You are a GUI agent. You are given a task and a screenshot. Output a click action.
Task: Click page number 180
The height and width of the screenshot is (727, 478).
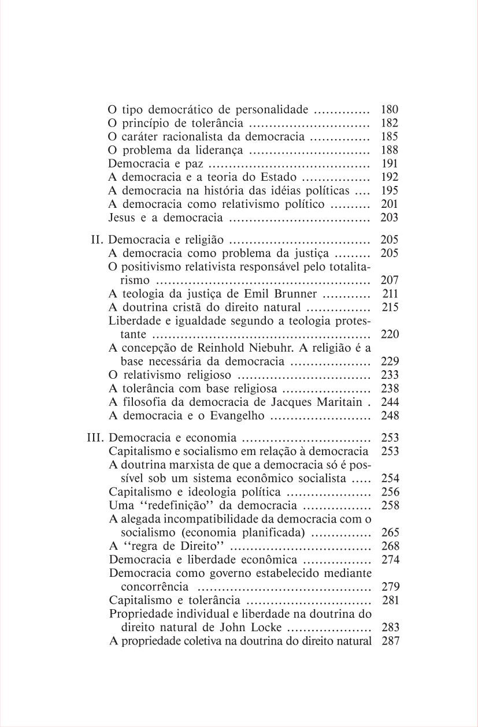tap(390, 109)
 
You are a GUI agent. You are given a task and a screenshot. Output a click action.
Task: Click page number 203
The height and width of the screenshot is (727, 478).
tap(390, 218)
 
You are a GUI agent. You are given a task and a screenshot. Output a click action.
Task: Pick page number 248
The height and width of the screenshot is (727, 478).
tap(390, 416)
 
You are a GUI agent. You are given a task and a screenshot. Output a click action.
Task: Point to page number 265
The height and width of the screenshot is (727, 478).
tap(390, 532)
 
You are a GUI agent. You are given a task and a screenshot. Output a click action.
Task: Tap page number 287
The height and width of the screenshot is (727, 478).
tap(390, 641)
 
